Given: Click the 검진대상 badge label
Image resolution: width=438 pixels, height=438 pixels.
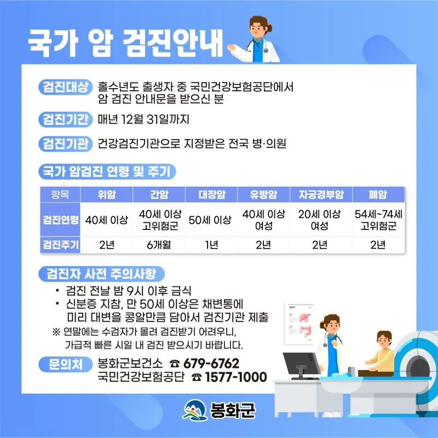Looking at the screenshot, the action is click(x=65, y=87).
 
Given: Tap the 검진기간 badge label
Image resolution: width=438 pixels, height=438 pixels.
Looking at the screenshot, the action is click(x=65, y=119).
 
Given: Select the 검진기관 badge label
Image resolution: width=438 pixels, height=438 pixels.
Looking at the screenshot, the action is click(x=65, y=144).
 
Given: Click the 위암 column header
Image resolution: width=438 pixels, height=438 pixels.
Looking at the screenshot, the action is click(x=106, y=194).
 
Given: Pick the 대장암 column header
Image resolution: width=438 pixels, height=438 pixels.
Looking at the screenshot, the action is click(x=211, y=194).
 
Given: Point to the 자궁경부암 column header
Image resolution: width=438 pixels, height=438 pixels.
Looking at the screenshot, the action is click(x=321, y=194).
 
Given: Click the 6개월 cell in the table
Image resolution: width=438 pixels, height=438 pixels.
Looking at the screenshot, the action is click(x=159, y=245).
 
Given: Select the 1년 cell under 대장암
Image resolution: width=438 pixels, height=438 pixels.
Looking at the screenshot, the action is click(x=211, y=245).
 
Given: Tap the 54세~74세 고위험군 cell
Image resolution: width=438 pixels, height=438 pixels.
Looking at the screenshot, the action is click(x=378, y=220).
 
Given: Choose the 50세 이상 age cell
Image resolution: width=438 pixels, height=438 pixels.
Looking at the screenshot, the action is click(x=210, y=220).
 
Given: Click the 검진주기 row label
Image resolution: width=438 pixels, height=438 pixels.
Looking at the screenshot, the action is click(x=60, y=245).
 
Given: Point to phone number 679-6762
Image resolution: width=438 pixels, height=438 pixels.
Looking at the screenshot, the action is click(x=211, y=364).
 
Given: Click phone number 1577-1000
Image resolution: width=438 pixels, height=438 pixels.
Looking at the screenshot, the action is click(x=236, y=377).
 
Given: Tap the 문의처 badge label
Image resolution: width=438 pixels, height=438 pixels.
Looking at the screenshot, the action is click(x=65, y=364).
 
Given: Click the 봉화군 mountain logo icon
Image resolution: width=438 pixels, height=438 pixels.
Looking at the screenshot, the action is click(x=195, y=410).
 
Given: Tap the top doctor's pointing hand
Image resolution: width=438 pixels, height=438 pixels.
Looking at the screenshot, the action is click(x=231, y=48).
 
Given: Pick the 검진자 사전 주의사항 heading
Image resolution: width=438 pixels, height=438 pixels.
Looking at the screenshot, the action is click(x=101, y=274).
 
